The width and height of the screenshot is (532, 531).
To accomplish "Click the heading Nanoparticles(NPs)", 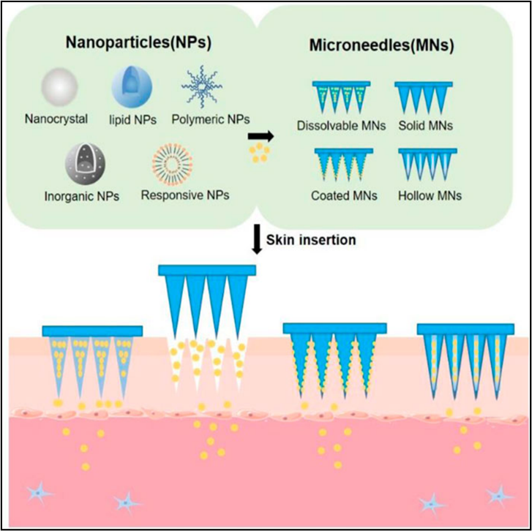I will (129, 42).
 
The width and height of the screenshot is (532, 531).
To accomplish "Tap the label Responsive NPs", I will (185, 195).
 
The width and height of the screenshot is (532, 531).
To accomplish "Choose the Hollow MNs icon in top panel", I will (428, 165).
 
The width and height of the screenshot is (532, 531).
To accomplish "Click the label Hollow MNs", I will (429, 196).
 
